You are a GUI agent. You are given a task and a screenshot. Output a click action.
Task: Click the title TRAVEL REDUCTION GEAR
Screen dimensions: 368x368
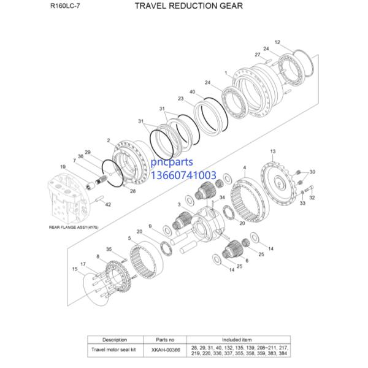tap(180, 6)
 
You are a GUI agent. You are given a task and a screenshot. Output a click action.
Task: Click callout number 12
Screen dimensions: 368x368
tap(277, 42)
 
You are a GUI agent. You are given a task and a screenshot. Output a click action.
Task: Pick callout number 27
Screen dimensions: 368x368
tap(258, 55)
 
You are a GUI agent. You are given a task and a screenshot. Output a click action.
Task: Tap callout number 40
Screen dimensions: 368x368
tap(193, 92)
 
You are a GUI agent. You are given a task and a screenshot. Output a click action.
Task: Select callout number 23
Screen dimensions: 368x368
tap(181, 99)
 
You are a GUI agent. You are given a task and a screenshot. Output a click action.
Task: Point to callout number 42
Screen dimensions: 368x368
tap(108, 204)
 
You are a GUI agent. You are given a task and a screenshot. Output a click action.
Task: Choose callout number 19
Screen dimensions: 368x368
tap(63, 167)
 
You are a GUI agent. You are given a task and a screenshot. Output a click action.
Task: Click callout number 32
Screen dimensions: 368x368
tap(312, 198)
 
